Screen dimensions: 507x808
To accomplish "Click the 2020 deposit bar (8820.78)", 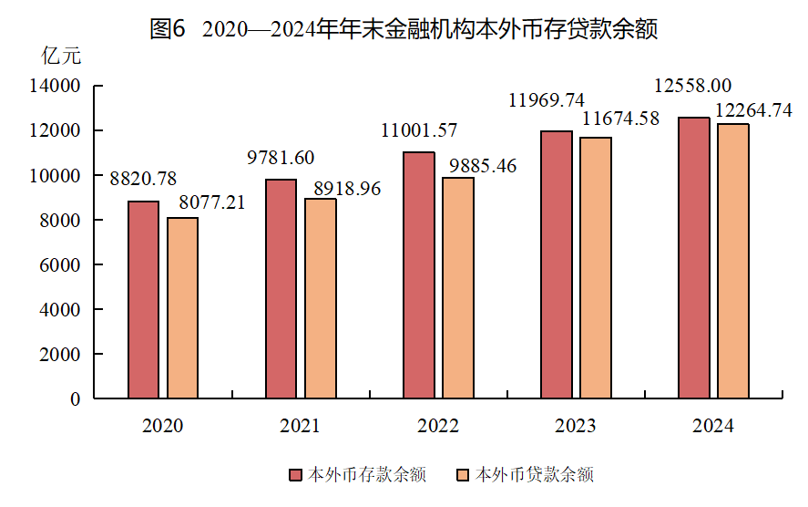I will point(143,300).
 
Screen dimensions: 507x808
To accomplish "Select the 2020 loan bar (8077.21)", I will point(182,308).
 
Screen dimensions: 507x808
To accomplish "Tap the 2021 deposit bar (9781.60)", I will point(281,289).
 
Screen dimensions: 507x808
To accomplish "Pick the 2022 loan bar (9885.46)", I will point(458,288).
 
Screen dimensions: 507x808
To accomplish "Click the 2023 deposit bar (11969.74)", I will point(557,265).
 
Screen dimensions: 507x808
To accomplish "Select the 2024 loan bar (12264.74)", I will point(733,262).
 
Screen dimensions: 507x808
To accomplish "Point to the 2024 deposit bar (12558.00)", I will point(694,258).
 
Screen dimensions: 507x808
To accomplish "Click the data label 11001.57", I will point(419,130).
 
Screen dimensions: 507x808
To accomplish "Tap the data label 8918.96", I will point(347,190).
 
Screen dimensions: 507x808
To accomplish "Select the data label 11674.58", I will point(621,119).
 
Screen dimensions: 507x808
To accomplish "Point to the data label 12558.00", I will point(693,86).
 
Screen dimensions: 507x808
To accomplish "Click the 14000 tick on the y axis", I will point(56,87).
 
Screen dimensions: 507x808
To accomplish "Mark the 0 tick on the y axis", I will point(75,399).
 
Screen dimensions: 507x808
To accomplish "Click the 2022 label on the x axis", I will point(438,426).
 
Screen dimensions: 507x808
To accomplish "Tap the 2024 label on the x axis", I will point(713,426).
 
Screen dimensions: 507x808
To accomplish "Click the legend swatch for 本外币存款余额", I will point(294,475).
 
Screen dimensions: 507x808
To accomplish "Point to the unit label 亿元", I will point(61,56).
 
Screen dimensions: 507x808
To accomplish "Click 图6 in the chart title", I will point(168,29).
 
